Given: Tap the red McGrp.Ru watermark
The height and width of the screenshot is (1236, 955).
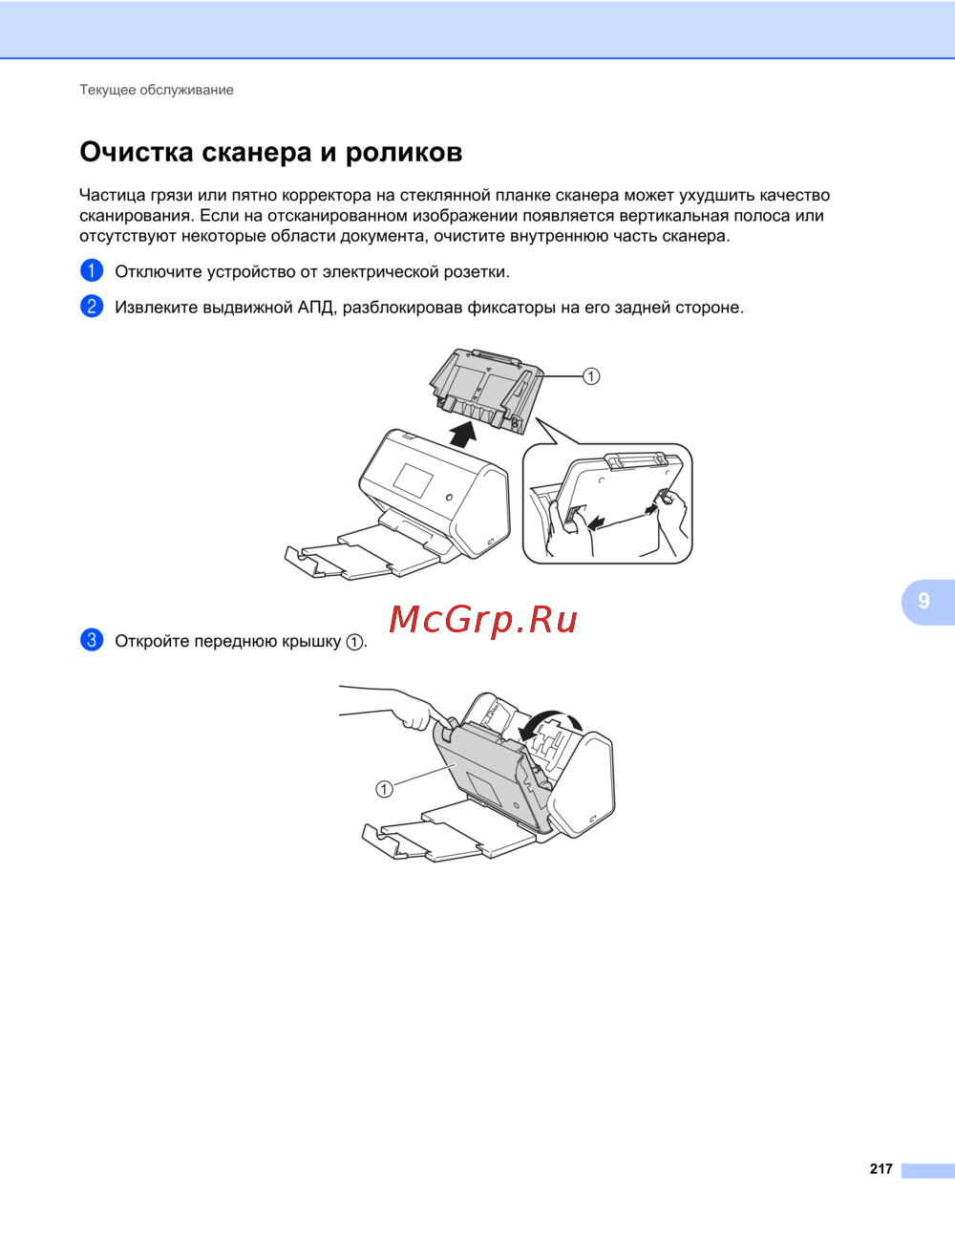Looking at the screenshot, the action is [x=483, y=620].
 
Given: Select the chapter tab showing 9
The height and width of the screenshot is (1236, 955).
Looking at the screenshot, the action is [x=927, y=602].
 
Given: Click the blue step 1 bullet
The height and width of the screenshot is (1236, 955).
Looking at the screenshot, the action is [x=92, y=270].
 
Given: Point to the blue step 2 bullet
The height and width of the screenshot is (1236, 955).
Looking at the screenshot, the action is [x=92, y=307].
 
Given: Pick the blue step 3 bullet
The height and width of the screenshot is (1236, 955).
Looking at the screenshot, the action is [x=92, y=640].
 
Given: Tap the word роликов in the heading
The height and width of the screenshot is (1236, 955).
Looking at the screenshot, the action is [x=404, y=154].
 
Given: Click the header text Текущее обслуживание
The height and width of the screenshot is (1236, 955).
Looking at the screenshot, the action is [x=157, y=90].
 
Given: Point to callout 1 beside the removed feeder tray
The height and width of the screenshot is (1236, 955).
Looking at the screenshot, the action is [x=591, y=376].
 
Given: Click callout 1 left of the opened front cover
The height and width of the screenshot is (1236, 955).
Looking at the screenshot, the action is [x=384, y=789].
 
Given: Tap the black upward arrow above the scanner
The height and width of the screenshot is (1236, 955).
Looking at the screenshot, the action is [x=463, y=434].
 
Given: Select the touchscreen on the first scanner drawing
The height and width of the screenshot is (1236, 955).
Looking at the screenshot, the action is [x=413, y=479].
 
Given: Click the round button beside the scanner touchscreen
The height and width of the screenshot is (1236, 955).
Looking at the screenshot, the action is [x=449, y=498].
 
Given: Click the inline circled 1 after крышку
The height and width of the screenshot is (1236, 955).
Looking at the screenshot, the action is [x=354, y=642].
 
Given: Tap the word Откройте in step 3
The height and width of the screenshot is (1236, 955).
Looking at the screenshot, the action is [x=152, y=642].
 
